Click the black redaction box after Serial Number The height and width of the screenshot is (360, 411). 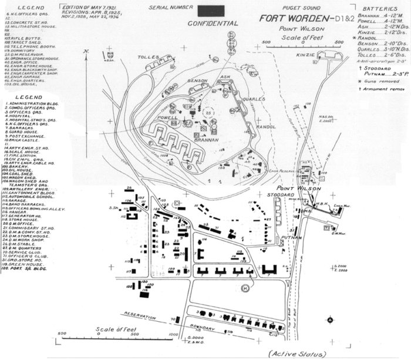(x=211, y=10)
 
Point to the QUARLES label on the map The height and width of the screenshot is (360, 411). (x=252, y=99)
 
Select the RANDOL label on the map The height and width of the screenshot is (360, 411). (x=265, y=127)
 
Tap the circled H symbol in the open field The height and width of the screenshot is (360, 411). (x=245, y=287)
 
